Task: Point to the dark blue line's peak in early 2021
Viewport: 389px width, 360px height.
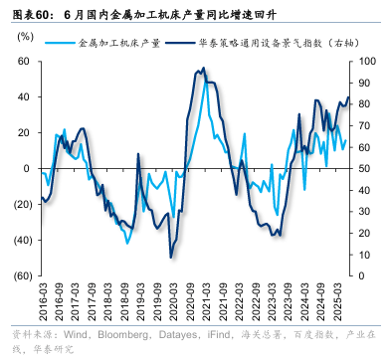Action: [x=204, y=69]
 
